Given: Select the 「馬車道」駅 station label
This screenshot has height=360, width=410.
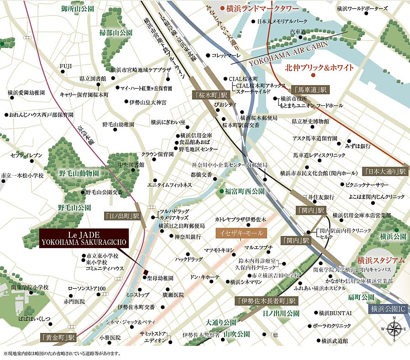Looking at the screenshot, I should tap(310, 89).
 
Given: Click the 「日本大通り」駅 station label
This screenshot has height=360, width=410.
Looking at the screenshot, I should tap(385, 172).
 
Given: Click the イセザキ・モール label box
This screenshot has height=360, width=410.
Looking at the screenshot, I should tap(239, 233).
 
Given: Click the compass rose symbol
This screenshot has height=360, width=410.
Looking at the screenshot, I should tap(394, 329).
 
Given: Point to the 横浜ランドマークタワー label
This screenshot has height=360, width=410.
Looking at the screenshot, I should tap(259, 8).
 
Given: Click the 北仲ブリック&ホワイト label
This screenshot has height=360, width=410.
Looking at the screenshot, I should tap(319, 68).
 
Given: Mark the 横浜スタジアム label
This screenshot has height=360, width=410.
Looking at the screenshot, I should tap(380, 261).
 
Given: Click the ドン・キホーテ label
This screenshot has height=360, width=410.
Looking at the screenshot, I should tap(205, 277).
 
